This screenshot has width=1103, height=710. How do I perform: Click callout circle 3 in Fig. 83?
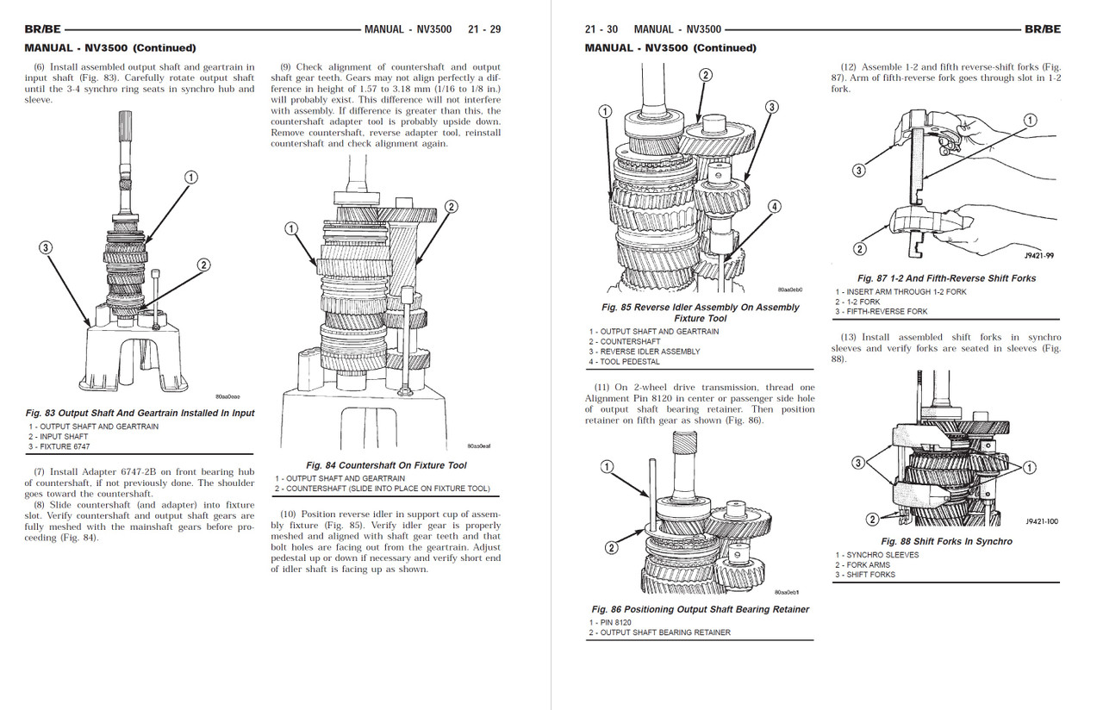tap(46, 248)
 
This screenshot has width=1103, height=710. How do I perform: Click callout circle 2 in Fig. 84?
tap(451, 207)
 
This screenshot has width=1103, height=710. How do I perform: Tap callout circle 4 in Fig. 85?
tap(775, 206)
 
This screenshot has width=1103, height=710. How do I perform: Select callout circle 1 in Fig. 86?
tap(606, 466)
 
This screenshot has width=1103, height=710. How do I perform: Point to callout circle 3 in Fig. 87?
tap(858, 171)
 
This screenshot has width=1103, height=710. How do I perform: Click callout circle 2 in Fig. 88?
tap(871, 519)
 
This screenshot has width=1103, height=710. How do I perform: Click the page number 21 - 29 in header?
tap(483, 29)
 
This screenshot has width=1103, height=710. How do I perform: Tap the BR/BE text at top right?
tap(1043, 29)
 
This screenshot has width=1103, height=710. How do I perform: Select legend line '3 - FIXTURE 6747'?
tap(59, 446)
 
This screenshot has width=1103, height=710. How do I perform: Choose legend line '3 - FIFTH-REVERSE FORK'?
tap(881, 311)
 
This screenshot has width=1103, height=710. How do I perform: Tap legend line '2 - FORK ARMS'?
tap(863, 564)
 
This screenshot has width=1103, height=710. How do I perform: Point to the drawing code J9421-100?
tap(1042, 521)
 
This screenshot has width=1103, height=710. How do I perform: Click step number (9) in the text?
tap(285, 67)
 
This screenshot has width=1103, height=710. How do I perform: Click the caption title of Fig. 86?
tap(700, 609)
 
